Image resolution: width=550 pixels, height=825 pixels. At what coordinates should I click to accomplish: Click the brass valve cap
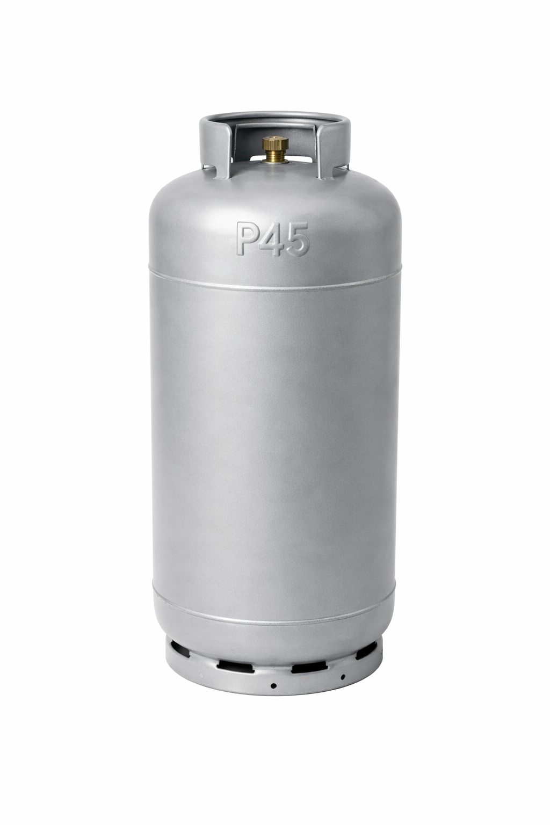[275, 143]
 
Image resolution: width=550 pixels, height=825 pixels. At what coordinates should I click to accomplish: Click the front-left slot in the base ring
[235, 666]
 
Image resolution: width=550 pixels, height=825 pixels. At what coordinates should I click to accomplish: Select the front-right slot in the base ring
[309, 666]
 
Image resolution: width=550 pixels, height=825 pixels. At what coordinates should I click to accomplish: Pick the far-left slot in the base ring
[180, 653]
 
